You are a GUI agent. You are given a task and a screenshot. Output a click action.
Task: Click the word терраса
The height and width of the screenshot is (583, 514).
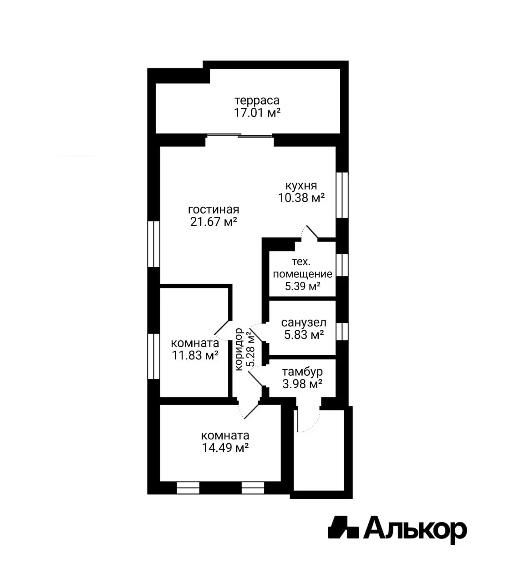tap(257, 101)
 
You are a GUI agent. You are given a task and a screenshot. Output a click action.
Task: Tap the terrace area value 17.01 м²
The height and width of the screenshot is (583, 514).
tap(257, 113)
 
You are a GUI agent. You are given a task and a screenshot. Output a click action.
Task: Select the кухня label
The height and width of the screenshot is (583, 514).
tap(301, 186)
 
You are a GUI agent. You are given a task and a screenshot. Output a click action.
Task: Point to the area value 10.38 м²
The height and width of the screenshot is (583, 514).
tap(301, 198)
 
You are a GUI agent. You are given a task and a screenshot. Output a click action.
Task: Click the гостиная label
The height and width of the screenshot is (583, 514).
tap(214, 210)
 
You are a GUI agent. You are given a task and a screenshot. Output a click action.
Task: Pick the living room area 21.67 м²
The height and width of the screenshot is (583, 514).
tap(214, 222)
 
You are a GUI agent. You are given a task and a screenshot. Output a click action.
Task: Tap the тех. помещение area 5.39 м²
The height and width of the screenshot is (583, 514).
tap(303, 286)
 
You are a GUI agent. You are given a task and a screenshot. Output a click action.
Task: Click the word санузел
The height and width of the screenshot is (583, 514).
tap(304, 323)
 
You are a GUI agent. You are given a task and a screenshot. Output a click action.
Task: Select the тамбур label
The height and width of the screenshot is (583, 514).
tap(302, 372)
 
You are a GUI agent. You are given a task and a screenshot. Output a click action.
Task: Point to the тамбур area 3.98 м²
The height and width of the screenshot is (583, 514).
tap(302, 384)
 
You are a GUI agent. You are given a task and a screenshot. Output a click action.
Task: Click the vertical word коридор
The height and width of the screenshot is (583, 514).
tap(239, 349)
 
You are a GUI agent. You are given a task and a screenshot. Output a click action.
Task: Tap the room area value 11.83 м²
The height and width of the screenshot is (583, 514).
tap(195, 355)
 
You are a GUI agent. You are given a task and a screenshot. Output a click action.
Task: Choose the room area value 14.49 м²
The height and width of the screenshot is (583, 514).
tap(225, 448)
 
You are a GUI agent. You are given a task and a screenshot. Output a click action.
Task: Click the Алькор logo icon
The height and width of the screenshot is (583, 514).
tap(343, 528)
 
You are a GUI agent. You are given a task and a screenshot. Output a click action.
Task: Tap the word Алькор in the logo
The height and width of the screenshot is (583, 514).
tap(415, 530)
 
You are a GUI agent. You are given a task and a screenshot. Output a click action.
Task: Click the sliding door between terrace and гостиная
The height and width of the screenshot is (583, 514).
tap(239, 135)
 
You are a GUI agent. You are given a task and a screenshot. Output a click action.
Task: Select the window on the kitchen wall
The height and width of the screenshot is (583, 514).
tap(341, 195)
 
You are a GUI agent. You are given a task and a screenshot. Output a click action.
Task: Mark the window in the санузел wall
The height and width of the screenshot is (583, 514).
tap(341, 331)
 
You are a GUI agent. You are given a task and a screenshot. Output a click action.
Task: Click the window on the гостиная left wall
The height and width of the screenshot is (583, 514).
tap(154, 244)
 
